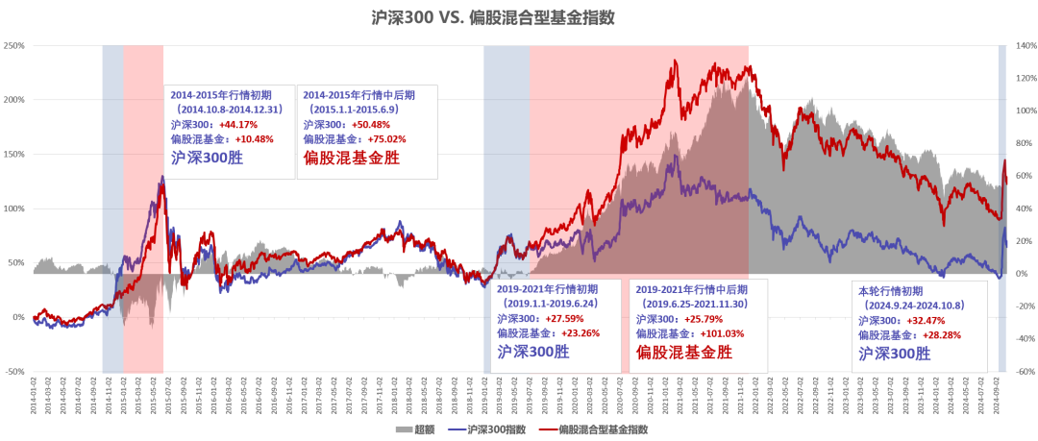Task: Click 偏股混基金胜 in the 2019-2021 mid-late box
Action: pos(683,353)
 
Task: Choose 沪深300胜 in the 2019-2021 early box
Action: pos(533,352)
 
